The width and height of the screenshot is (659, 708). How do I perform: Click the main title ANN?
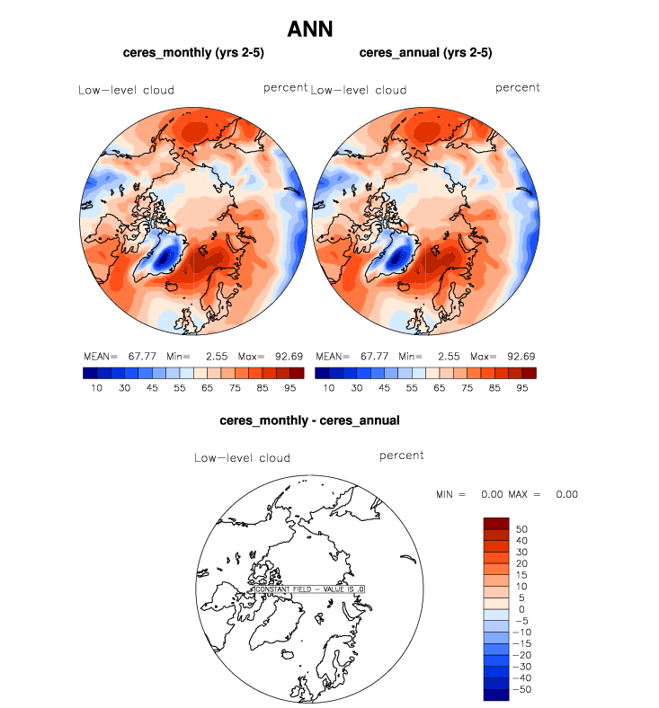[x=310, y=29]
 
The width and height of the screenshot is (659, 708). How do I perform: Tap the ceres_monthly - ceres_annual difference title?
[x=309, y=420]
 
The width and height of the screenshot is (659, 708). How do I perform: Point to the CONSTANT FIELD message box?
[x=310, y=589]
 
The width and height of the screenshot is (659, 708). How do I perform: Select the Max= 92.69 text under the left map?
[x=271, y=357]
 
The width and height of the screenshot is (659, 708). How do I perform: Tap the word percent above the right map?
[x=518, y=88]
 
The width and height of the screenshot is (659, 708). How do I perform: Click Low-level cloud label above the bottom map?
[x=242, y=458]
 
